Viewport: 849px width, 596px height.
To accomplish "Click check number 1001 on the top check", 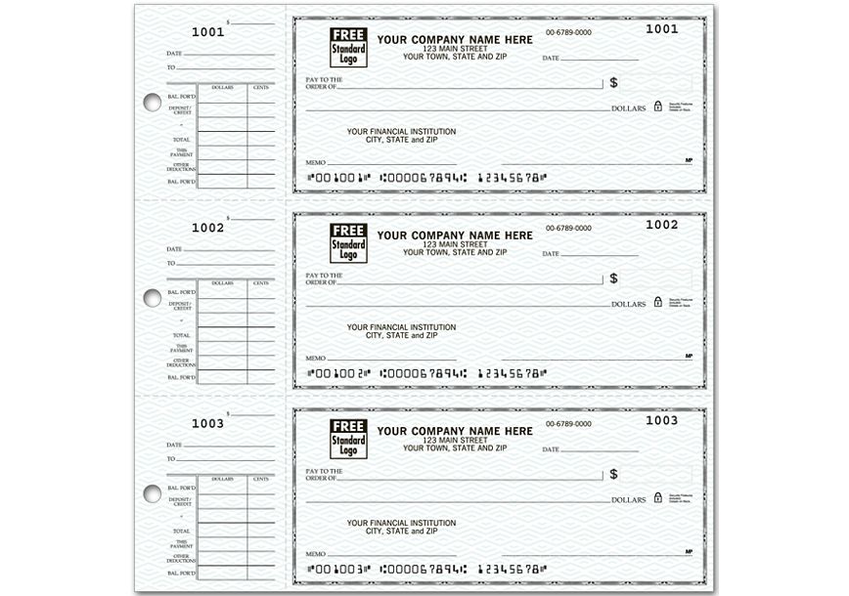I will coord(662,29).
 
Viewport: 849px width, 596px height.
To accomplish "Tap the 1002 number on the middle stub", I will coord(207,227).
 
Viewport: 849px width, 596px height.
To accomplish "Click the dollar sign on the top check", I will coord(613,83).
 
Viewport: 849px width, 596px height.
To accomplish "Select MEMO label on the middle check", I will coord(315,357).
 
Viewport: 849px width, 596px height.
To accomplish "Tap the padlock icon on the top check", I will coord(658,106).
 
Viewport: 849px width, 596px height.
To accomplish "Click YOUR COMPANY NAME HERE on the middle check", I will coord(455,235).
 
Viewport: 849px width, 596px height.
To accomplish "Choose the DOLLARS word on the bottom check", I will coord(628,500).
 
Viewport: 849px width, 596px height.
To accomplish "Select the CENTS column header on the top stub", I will coord(260,88).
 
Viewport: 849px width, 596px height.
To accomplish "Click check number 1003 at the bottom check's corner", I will coord(662,420).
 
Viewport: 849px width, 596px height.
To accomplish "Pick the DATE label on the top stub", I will coord(174,52).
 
